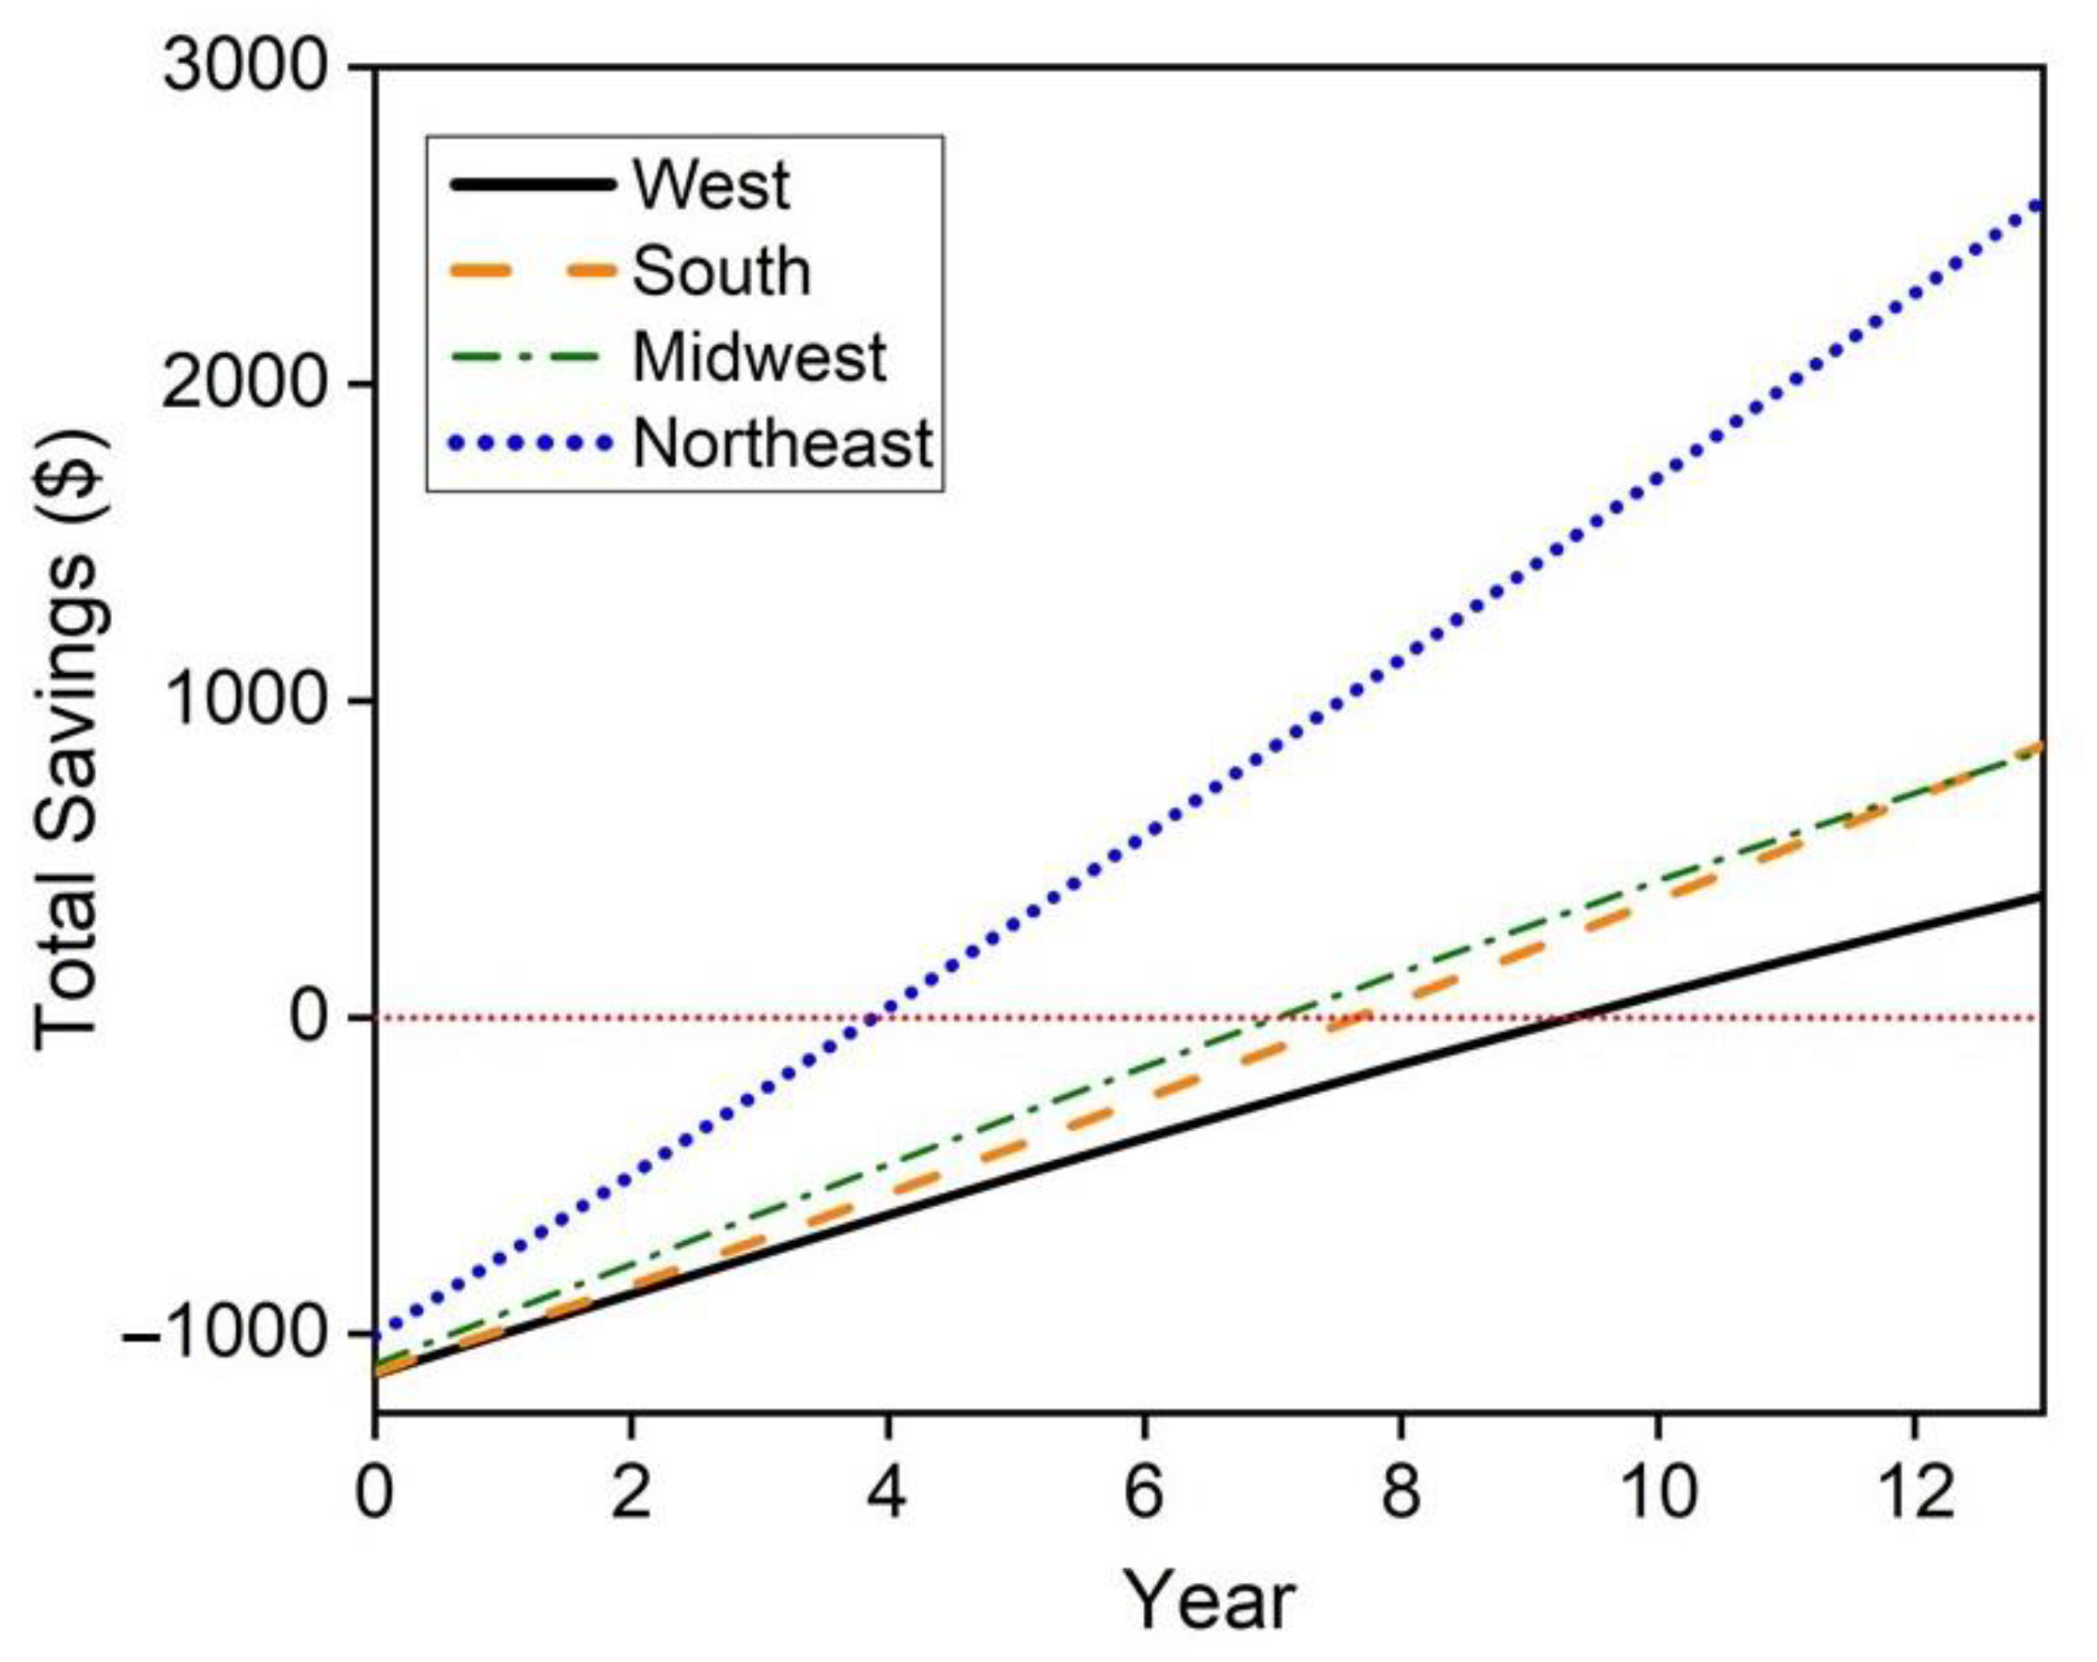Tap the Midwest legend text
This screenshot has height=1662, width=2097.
(759, 357)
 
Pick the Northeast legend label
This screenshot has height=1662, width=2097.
(783, 444)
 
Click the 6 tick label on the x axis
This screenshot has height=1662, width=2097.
(1144, 1491)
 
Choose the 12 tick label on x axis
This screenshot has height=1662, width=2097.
(1914, 1491)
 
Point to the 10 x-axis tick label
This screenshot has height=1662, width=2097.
(1657, 1491)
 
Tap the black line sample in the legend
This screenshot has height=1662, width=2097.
(532, 184)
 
